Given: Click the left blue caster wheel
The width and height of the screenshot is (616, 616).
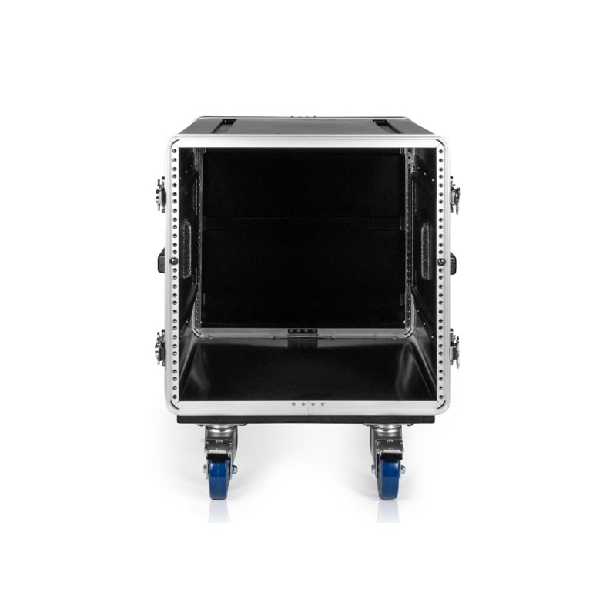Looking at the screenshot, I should click(219, 477).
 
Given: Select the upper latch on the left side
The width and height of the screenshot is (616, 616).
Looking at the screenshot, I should click(160, 195).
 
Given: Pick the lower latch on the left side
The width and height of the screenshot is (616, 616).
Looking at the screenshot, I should click(160, 347).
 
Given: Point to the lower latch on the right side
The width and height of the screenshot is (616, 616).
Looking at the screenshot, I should click(455, 348).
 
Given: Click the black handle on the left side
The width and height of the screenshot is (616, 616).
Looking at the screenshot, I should click(162, 261).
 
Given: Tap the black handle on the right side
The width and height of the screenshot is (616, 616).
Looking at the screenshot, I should click(453, 262).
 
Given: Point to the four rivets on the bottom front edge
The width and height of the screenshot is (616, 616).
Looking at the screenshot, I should click(308, 404).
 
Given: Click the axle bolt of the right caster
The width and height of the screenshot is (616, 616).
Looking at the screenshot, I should click(401, 468).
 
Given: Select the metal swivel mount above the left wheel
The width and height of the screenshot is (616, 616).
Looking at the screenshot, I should click(220, 440).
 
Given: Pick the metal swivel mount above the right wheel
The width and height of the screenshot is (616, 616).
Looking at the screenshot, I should click(387, 440).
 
